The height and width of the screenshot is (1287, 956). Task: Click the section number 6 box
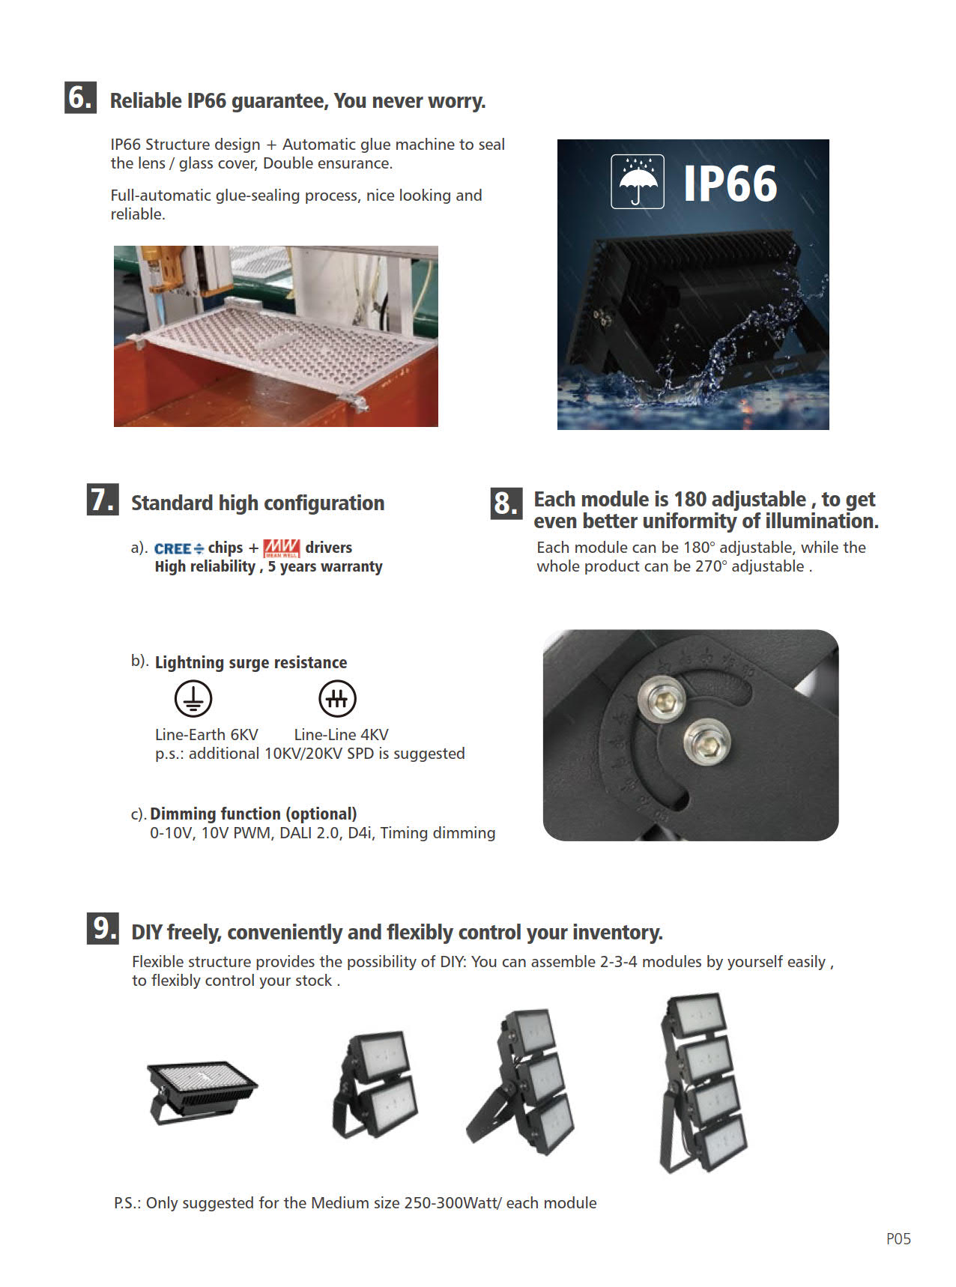tap(80, 97)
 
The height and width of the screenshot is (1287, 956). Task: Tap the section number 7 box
tap(103, 500)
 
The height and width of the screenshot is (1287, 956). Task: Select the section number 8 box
tap(506, 503)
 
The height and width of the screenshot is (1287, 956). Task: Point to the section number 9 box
tap(103, 928)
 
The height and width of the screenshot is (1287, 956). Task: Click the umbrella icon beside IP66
tap(637, 181)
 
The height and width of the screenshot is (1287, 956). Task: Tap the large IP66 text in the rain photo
tap(730, 184)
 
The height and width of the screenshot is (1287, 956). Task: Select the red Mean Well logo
tap(282, 548)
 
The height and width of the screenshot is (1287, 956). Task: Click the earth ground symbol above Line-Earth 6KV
tap(193, 699)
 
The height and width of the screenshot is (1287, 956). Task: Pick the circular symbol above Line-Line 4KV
tap(337, 699)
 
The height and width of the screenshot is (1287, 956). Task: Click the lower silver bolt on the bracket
tap(707, 740)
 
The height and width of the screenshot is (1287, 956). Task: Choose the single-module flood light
tap(201, 1090)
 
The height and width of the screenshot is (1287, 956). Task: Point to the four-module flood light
tap(703, 1082)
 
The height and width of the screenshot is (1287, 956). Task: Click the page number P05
tap(898, 1239)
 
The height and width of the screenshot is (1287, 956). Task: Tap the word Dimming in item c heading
tap(178, 814)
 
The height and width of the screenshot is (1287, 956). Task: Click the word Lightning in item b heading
tap(189, 662)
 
